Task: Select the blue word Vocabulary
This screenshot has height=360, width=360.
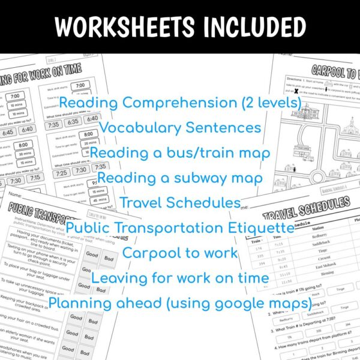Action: pos(137,128)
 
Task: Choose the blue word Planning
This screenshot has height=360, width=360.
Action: pos(80,303)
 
